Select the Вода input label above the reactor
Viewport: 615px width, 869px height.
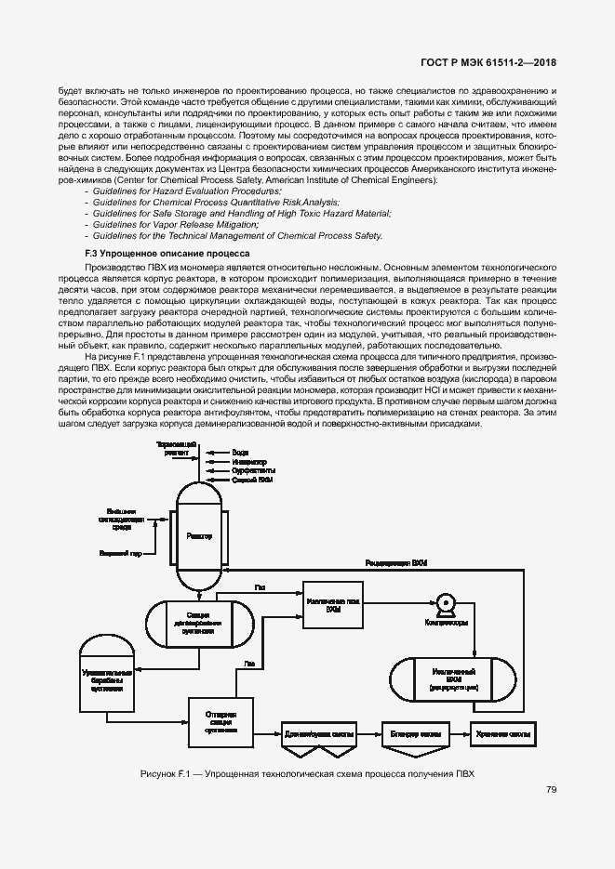pos(240,453)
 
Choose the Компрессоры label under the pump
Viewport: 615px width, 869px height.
pos(446,622)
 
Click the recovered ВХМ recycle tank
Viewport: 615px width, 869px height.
pos(453,678)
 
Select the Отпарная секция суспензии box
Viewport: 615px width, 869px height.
pos(221,721)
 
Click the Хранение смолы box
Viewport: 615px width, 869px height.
pos(503,733)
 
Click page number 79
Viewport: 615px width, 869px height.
pos(552,790)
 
